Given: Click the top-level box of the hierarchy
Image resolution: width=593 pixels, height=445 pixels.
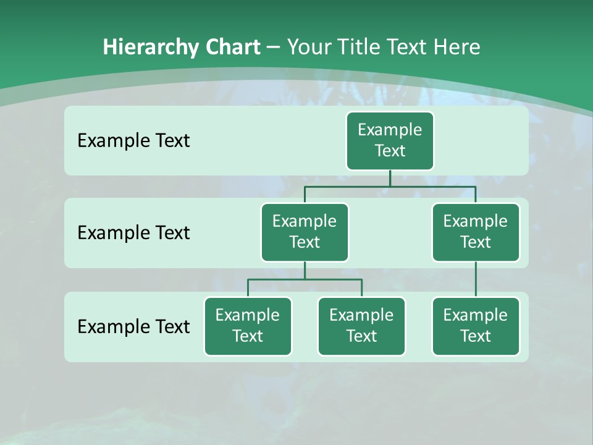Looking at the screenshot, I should coord(390,140).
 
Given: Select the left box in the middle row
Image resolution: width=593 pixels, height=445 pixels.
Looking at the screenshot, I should coord(305,232).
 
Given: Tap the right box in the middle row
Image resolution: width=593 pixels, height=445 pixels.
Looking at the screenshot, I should coord(475,232).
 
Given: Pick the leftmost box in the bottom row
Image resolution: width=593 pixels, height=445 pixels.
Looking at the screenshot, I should coord(248,326).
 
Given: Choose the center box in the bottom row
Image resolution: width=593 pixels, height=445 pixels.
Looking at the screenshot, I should coord(361,326).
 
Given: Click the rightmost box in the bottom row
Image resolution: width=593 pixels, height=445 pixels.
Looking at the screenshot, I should coord(475,326).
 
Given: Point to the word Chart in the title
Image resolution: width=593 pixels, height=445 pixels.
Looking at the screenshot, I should coord(232,47).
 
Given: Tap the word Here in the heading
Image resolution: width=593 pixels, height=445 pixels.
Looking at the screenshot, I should coord(456,47).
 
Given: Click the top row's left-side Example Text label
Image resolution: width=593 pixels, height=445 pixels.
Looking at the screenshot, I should coord(133,141).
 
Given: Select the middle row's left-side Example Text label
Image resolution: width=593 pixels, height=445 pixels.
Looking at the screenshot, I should coord(133,233).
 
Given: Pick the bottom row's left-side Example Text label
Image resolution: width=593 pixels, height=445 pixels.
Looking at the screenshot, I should coord(133,326).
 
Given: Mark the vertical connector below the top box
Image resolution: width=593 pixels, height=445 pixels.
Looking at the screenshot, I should coord(390,178).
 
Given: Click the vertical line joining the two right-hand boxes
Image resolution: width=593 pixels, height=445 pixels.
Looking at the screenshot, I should coord(476,279).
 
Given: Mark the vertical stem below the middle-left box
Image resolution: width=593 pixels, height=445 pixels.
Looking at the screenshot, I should coord(305,271).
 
